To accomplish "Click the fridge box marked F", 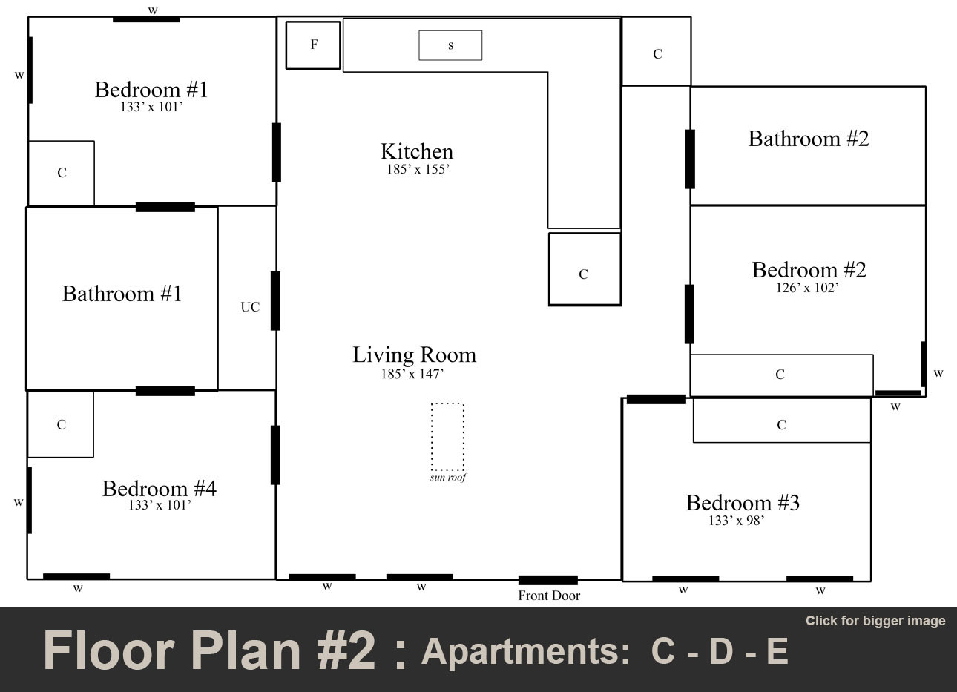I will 313,45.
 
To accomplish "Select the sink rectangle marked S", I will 450,45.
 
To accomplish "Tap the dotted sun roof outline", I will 447,437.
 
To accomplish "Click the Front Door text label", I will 548,596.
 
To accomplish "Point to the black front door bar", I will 547,580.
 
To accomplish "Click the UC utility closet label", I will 250,306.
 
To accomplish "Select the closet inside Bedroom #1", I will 62,173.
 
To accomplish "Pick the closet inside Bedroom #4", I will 61,424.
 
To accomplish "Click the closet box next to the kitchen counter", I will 584,269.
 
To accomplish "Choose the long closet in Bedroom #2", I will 780,375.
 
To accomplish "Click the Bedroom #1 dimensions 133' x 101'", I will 151,107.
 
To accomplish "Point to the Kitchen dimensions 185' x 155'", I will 418,169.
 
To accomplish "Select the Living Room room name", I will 414,355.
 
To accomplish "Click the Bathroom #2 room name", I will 808,139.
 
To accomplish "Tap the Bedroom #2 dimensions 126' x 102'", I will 807,288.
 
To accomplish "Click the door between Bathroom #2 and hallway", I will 690,159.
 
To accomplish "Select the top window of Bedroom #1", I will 146,19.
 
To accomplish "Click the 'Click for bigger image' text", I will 875,621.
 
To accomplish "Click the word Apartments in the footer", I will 520,651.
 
